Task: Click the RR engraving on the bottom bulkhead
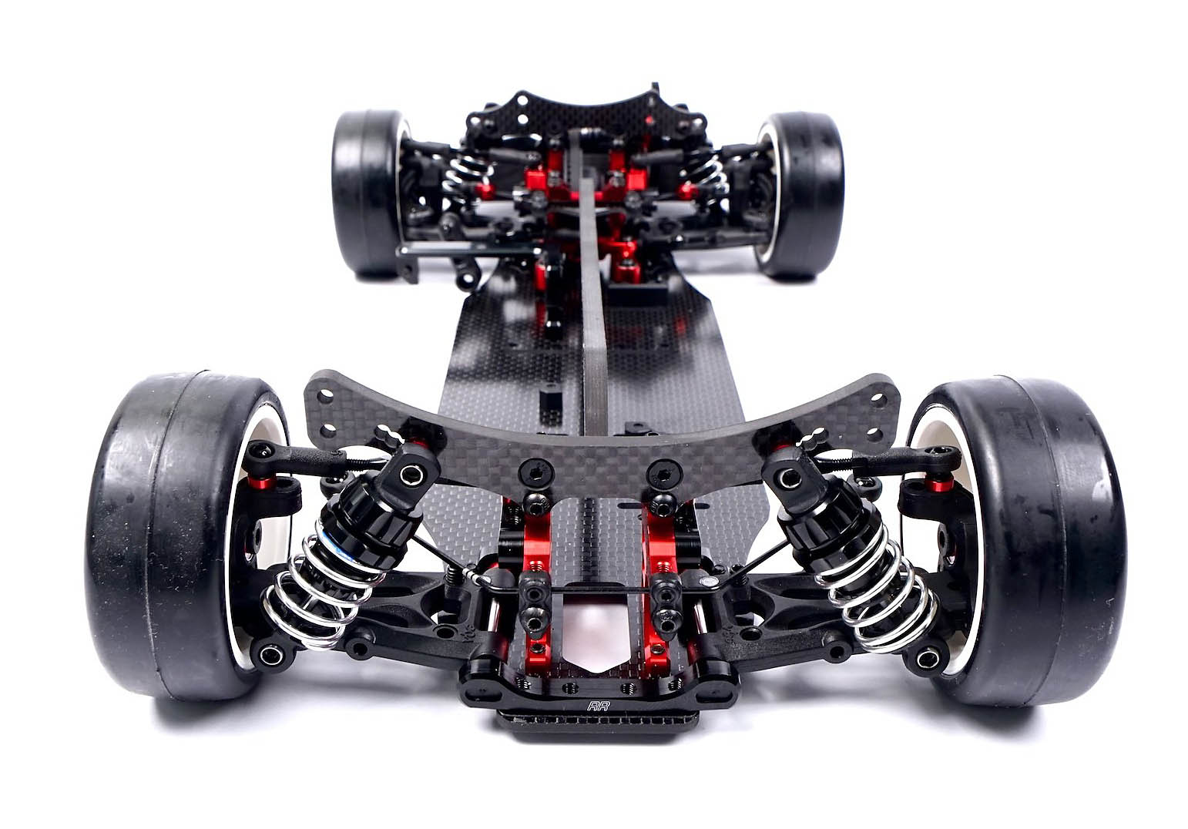(599, 706)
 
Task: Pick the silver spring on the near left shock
(318, 589)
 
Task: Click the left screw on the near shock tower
(535, 471)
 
